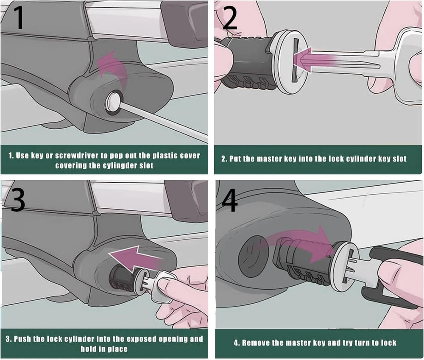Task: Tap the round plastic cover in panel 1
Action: pos(113,103)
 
